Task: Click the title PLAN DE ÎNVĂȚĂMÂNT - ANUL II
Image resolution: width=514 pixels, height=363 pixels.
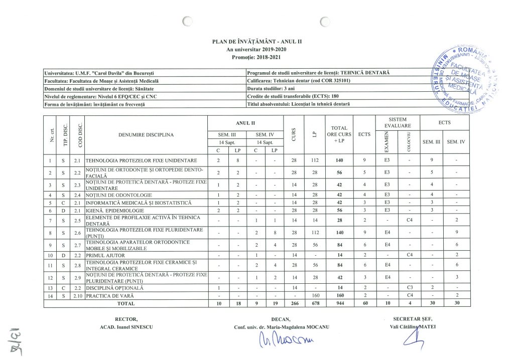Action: tap(257, 41)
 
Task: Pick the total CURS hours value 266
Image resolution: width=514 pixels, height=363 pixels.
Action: tap(294, 304)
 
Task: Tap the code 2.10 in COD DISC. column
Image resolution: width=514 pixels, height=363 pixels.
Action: tap(77, 296)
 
